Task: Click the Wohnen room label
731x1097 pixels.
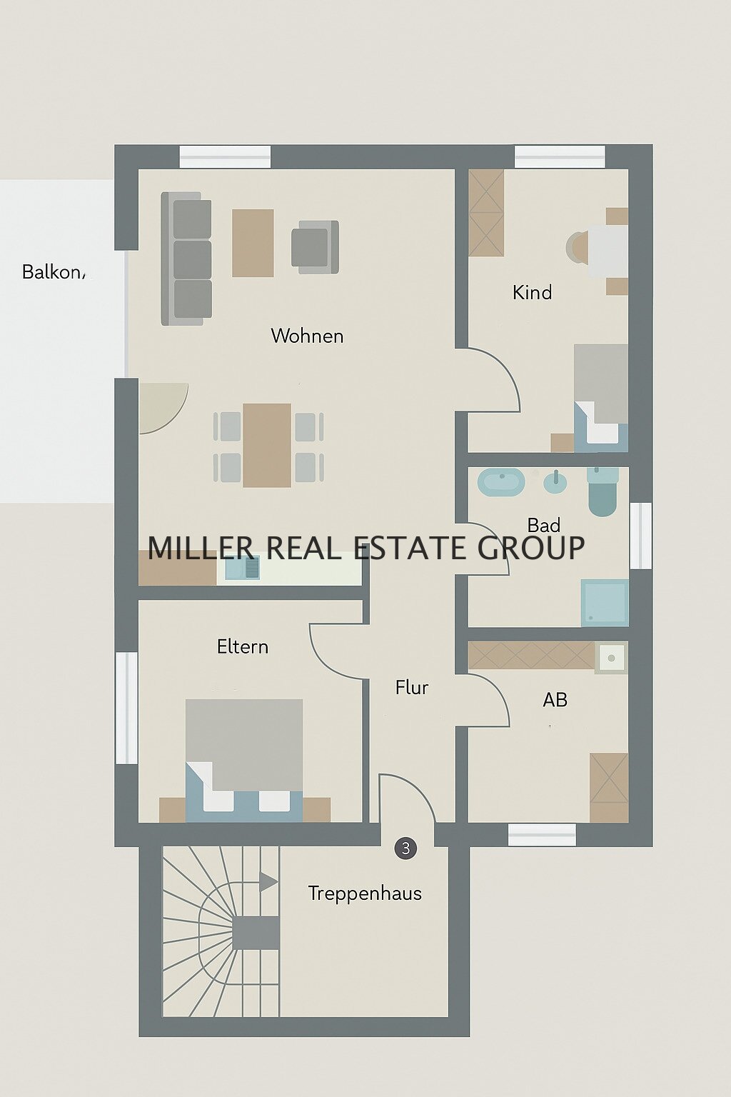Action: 307,336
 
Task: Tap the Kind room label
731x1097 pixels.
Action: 533,292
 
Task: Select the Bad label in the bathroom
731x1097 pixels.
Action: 543,525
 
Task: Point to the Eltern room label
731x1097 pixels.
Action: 243,647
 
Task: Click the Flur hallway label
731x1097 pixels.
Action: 412,688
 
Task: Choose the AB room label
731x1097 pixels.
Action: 555,700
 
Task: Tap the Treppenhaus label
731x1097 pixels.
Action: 365,893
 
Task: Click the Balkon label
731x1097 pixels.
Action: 52,272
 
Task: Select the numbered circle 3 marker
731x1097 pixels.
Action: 405,848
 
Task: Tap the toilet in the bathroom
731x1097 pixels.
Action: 603,491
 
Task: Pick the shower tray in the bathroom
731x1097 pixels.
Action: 605,602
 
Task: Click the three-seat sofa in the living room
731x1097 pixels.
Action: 186,259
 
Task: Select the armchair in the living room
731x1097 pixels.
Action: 315,246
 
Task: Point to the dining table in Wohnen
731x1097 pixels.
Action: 267,445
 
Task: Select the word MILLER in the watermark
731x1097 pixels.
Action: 200,548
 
